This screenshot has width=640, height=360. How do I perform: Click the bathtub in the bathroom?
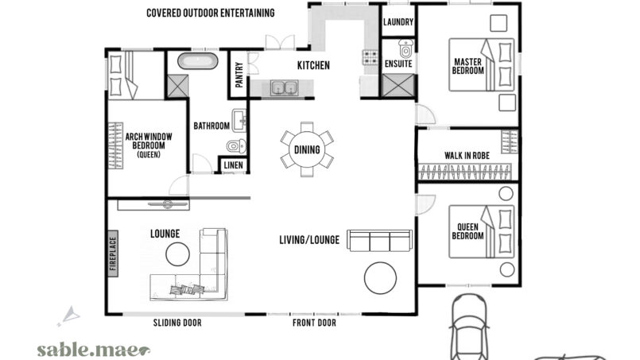coord(197,61)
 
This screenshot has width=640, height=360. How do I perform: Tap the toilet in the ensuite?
coord(405,48)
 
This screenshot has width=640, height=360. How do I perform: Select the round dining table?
coord(307,149)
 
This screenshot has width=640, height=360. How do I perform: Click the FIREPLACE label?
coord(113,254)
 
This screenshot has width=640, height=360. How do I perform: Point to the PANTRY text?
coord(239,75)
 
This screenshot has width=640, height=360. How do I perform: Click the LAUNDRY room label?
coord(398,22)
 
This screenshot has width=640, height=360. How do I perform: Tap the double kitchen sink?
coord(284,87)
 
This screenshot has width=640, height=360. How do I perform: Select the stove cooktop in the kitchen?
coord(370,57)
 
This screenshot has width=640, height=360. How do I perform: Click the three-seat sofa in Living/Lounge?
coord(379,241)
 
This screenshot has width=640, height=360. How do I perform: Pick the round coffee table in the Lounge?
coord(177,254)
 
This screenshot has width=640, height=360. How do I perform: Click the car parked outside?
coord(469,327)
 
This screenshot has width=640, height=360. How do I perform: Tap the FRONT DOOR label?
coord(314,323)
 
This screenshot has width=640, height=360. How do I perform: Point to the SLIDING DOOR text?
coord(177,323)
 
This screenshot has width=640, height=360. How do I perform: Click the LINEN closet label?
coord(234,165)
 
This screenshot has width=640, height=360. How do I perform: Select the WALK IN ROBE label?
coord(467,156)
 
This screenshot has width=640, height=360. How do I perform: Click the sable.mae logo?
coord(93,350)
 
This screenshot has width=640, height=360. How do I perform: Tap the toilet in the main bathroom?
coord(236,145)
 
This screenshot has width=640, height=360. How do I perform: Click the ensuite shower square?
coord(398,86)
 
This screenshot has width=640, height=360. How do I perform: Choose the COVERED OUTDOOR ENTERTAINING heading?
coord(210,13)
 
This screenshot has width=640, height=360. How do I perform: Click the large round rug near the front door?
coord(380,278)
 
